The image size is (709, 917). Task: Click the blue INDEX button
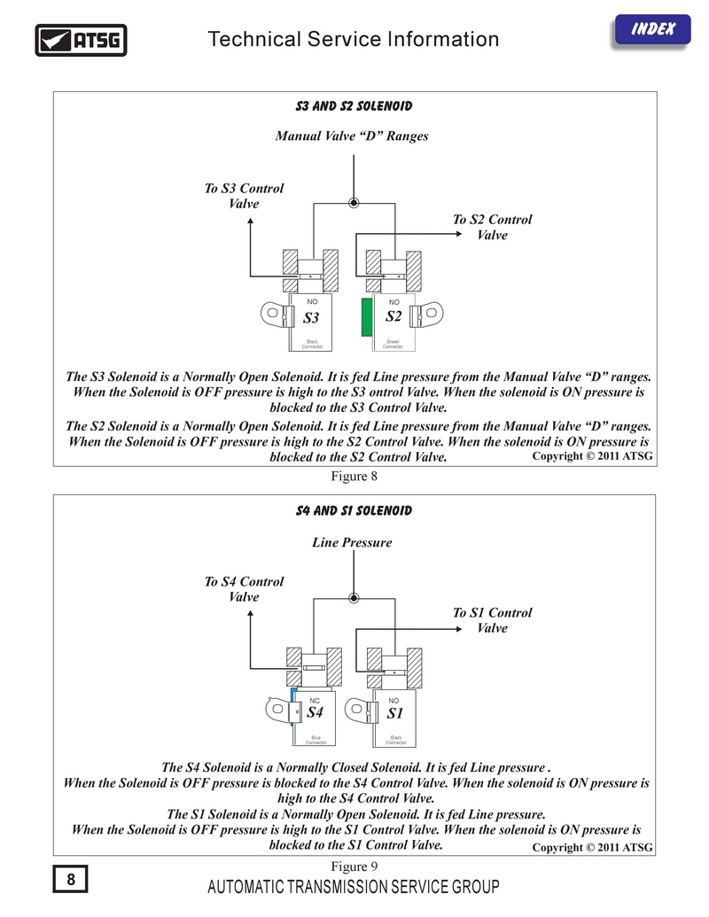click(652, 30)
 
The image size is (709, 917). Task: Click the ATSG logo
click(81, 41)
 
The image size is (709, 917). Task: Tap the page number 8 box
click(70, 879)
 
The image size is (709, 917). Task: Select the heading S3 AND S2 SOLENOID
click(354, 105)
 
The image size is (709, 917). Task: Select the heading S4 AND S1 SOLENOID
click(354, 510)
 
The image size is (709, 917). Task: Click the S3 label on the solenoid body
click(310, 317)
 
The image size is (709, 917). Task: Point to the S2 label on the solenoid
click(393, 316)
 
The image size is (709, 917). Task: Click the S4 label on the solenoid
click(315, 711)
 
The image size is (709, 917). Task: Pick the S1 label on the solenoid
click(395, 713)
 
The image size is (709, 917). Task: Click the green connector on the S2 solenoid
click(367, 317)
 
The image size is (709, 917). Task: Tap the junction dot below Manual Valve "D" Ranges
click(354, 203)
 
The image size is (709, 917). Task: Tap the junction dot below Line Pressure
click(354, 598)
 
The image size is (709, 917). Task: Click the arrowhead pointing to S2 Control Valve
click(459, 234)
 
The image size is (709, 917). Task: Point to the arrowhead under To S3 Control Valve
click(251, 221)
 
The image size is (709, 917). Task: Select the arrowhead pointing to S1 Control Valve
click(459, 629)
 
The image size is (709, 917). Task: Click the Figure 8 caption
click(354, 476)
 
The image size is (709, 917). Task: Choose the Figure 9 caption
click(354, 866)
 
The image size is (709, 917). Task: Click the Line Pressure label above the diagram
click(352, 543)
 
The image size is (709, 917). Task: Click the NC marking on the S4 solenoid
click(315, 701)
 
